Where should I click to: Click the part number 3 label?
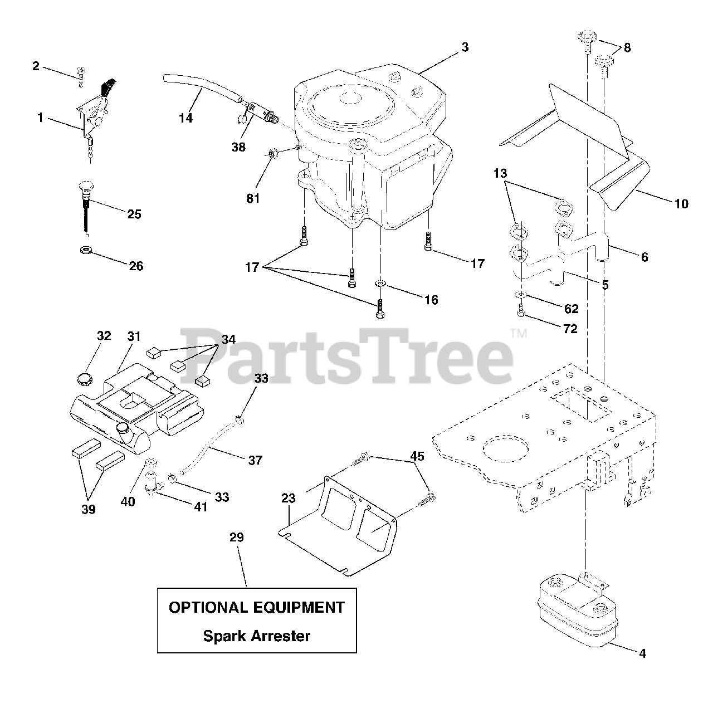click(465, 47)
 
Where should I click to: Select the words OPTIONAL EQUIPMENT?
click(256, 607)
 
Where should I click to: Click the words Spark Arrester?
click(256, 636)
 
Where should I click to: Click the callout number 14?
click(185, 118)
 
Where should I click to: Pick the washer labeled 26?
click(86, 249)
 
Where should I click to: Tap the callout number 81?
click(253, 198)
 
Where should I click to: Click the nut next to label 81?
click(274, 153)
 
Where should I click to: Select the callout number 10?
click(681, 204)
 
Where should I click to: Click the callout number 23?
click(288, 499)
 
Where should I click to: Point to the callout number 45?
click(417, 457)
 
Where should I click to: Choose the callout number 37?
click(255, 460)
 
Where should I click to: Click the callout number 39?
click(88, 509)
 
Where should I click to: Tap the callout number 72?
click(570, 329)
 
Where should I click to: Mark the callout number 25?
click(134, 214)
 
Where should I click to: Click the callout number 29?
click(236, 538)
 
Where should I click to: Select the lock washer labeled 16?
click(380, 284)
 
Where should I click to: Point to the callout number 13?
click(500, 173)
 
